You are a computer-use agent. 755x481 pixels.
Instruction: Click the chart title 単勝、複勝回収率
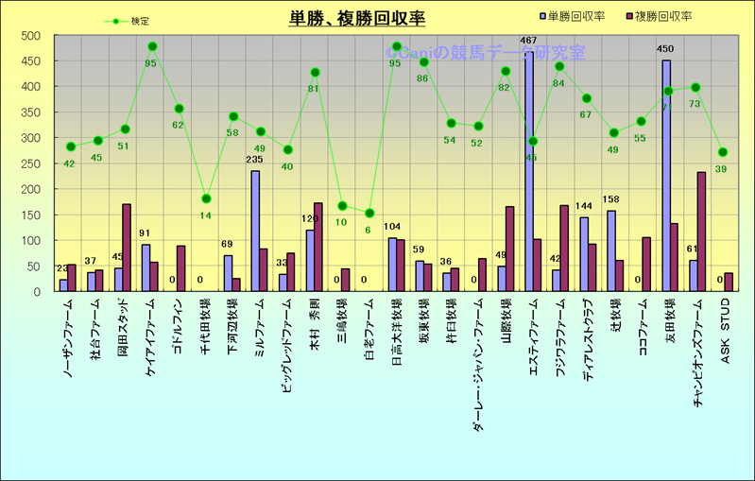point(357,18)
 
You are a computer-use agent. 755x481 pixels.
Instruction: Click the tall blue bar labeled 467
point(529,171)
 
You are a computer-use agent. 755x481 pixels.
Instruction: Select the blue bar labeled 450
point(666,176)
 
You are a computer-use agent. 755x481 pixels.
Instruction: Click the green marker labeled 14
point(206,198)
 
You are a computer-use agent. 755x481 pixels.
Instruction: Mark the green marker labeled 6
point(369,214)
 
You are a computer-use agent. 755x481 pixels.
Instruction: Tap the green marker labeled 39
point(723,152)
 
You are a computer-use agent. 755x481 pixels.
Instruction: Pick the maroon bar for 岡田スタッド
point(127,248)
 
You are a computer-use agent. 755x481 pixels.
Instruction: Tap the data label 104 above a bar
point(392,228)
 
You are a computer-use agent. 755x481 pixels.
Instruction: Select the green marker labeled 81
point(315,73)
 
